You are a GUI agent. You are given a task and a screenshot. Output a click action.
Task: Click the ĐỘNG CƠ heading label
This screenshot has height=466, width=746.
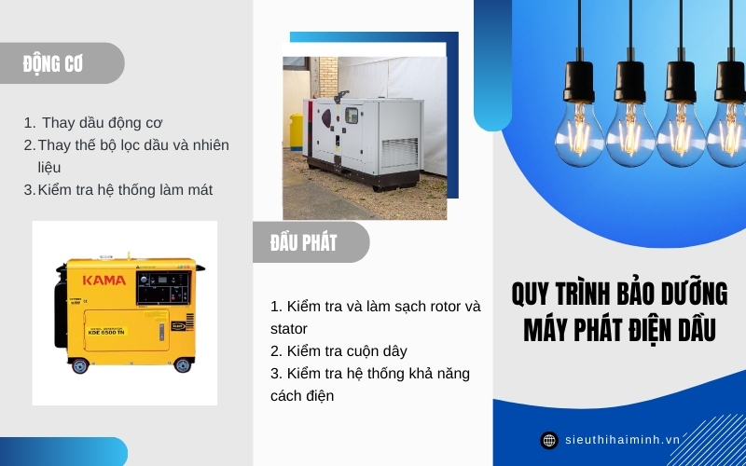pos(53,63)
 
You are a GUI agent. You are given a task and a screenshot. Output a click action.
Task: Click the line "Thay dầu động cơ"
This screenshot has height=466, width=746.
pos(103,122)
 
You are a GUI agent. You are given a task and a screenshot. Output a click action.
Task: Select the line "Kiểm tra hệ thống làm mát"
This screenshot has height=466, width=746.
pos(125,189)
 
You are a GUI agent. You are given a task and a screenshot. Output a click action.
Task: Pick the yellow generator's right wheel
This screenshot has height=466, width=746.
pos(184,365)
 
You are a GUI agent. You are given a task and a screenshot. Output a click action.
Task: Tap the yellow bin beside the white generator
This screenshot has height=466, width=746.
pos(296,131)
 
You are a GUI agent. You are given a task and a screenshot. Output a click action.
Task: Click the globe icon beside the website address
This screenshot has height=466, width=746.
pos(549,440)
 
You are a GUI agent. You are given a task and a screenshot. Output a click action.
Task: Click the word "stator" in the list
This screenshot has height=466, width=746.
pos(289,328)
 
